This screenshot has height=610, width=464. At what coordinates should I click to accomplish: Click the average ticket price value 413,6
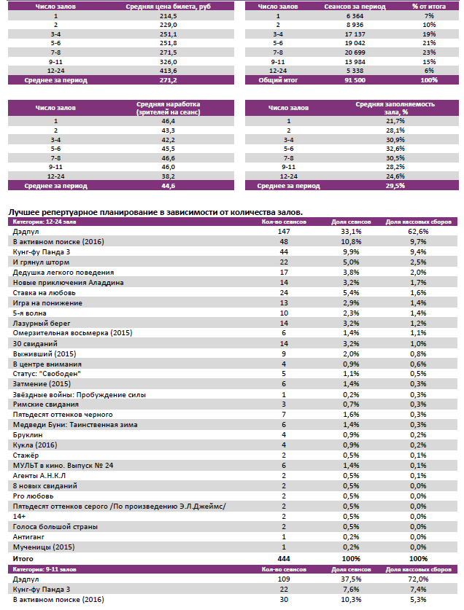tap(169, 71)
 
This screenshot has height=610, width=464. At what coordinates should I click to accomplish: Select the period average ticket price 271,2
tap(169, 80)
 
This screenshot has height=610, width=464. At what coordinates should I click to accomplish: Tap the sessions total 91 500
tap(343, 80)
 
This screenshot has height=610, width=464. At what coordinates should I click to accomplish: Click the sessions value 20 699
tap(343, 52)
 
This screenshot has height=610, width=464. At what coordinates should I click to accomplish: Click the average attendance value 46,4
tap(169, 120)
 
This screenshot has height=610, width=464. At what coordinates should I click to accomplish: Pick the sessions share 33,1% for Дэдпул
tap(347, 231)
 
